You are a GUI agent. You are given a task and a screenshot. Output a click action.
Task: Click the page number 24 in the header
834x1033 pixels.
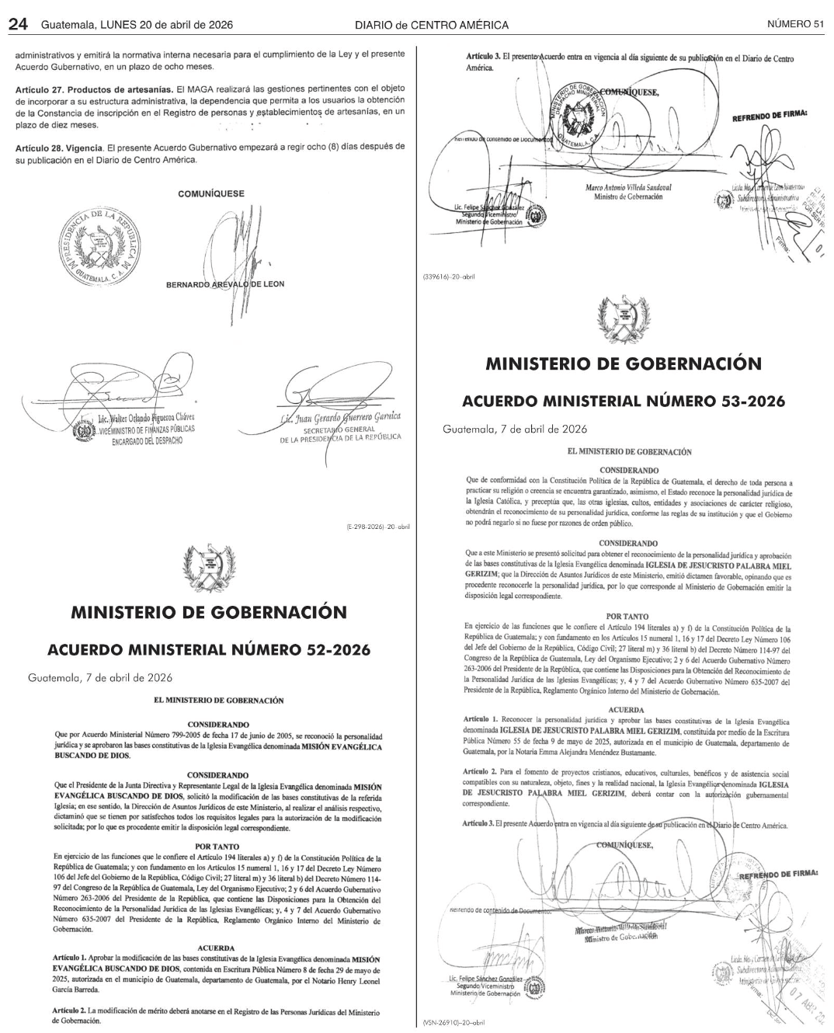(19, 24)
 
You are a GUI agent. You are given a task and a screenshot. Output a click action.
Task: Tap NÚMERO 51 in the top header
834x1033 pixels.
(795, 24)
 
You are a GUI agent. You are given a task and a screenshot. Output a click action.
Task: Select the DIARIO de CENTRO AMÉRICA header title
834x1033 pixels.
(432, 25)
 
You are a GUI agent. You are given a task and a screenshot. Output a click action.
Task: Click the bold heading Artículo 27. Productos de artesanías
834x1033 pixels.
(94, 89)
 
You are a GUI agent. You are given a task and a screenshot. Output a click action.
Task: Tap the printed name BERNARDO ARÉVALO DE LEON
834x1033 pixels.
(225, 284)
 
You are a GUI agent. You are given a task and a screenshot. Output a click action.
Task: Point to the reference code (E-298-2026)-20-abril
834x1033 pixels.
(378, 527)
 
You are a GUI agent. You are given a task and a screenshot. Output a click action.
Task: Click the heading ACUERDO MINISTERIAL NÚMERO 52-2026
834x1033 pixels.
(209, 649)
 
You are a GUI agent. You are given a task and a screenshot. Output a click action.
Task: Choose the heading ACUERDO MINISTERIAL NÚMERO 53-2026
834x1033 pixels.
(623, 402)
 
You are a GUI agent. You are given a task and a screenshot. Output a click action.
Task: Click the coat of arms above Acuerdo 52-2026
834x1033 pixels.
(208, 569)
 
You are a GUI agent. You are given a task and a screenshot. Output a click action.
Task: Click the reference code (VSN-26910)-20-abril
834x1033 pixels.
(454, 1023)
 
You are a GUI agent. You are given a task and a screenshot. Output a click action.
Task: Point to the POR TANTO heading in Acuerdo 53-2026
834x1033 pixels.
(628, 617)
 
